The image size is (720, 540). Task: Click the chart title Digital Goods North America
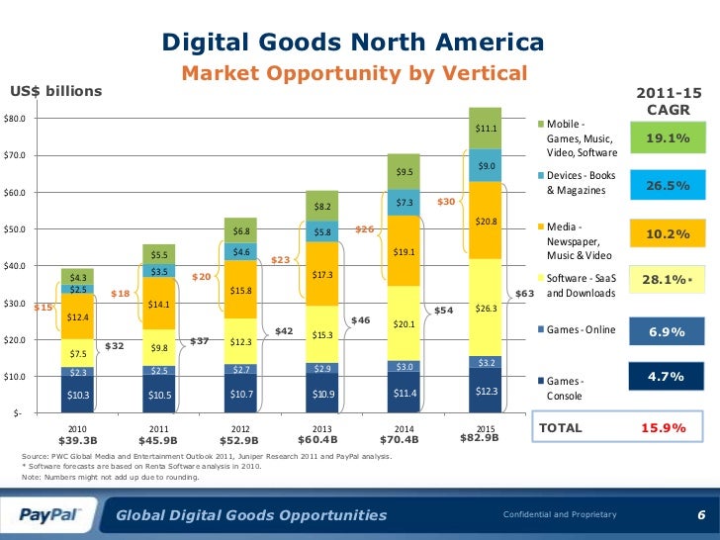pos(352,44)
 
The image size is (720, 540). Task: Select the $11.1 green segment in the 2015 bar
pos(487,129)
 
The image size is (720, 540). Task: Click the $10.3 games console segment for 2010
pos(77,395)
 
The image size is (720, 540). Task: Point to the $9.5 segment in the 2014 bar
pos(404,172)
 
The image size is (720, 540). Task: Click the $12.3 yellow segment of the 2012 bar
pos(239,342)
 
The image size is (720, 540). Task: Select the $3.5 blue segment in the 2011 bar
pos(158,270)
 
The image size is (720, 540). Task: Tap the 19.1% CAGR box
pos(667,138)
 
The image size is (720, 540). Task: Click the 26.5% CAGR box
pos(667,185)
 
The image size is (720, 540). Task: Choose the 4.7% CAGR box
pos(667,377)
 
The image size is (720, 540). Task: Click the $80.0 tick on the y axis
pos(15,119)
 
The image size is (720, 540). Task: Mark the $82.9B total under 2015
pos(480,436)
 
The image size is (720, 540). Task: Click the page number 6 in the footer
pos(700,514)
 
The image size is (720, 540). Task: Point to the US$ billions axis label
pos(55,92)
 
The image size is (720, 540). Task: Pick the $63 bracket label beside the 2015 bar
pos(525,293)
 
